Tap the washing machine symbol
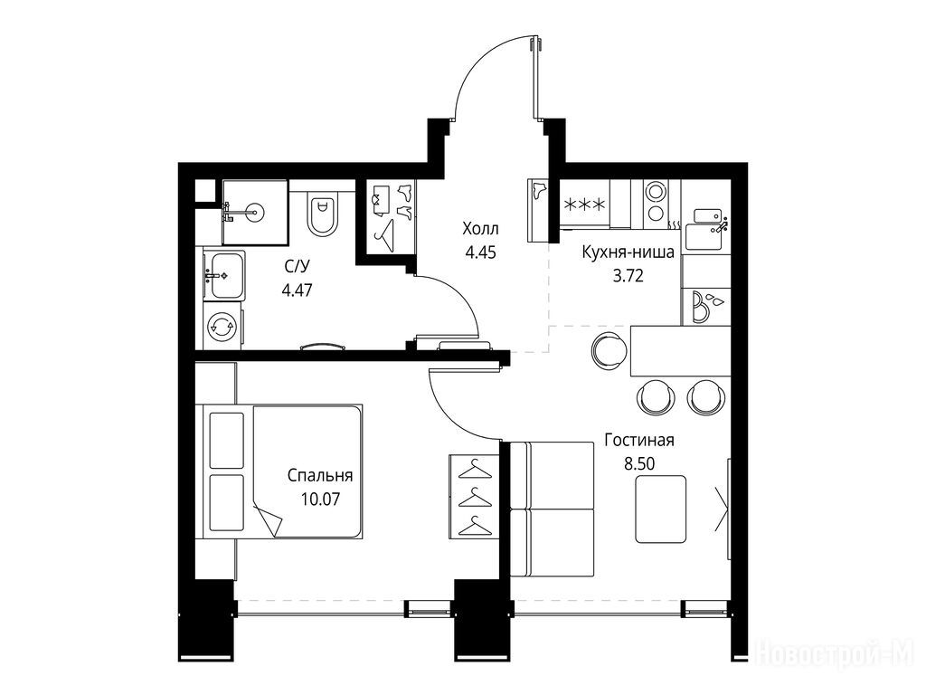[222, 327]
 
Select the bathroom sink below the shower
[223, 275]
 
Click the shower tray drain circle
[254, 209]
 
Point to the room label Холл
[480, 228]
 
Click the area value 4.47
[297, 290]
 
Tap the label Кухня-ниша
[628, 253]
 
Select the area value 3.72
[628, 275]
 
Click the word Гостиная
[639, 441]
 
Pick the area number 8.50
[639, 464]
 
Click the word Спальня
[320, 476]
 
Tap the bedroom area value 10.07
[320, 500]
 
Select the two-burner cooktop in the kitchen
[655, 202]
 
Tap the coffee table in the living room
[661, 509]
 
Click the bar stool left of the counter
[609, 350]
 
